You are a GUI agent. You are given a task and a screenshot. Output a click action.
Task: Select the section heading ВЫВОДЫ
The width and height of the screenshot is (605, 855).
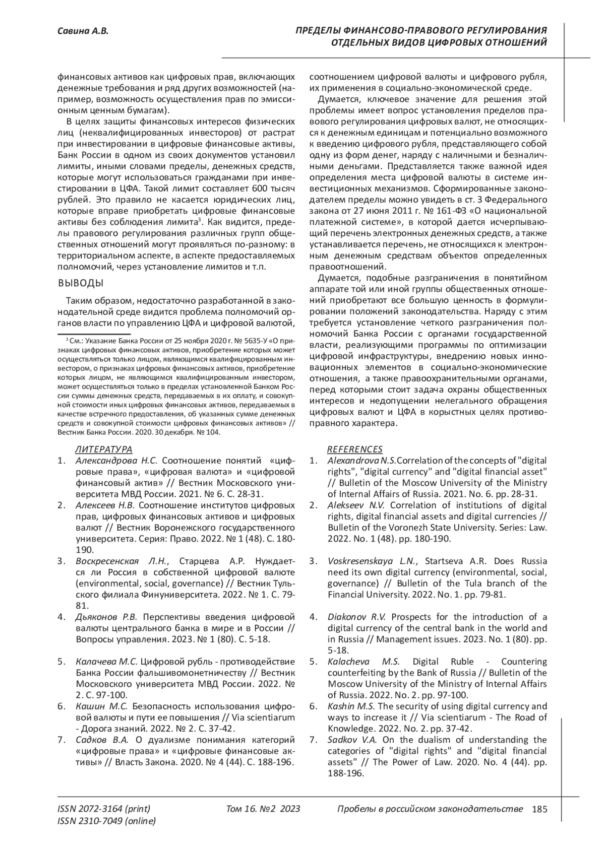tap(82, 283)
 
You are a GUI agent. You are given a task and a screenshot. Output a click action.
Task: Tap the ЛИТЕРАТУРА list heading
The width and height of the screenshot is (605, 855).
tap(103, 449)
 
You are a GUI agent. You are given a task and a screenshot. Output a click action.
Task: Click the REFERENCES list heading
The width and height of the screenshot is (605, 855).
tap(355, 449)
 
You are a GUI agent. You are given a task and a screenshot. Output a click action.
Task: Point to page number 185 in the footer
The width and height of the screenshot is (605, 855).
tap(539, 809)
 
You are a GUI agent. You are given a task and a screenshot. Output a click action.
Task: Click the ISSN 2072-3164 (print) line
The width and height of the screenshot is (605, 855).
tap(104, 809)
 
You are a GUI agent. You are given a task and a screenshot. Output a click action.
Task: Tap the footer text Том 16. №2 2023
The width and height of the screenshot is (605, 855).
tap(263, 809)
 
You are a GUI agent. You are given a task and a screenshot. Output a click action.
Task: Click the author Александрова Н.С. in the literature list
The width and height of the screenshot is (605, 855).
tap(116, 461)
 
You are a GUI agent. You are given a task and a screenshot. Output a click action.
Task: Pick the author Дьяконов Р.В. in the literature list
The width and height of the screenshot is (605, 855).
tap(107, 617)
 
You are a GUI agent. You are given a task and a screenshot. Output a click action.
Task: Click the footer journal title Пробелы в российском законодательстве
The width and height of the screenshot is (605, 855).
tap(430, 809)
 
